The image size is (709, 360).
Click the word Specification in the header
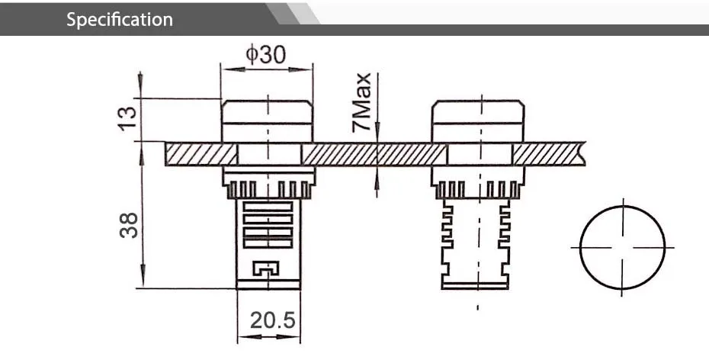click(x=120, y=19)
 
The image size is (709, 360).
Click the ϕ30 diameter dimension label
click(x=266, y=55)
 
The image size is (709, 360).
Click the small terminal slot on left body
click(x=266, y=268)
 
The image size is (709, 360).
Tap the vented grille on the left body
click(x=267, y=223)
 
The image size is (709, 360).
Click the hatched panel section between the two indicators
click(x=374, y=153)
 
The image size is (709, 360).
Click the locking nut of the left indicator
click(x=267, y=183)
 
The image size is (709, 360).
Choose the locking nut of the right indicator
click(x=477, y=183)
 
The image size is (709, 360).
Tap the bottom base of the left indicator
click(x=267, y=284)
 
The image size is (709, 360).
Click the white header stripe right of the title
click(x=496, y=12)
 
